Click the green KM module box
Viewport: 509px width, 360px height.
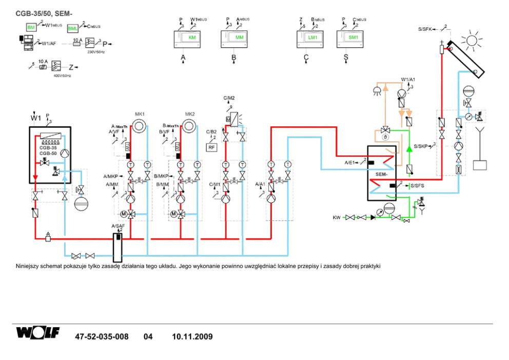point(192,38)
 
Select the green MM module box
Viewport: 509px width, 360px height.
point(239,38)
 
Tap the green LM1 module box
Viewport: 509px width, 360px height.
point(312,38)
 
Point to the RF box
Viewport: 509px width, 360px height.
point(211,147)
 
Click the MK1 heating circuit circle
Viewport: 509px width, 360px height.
point(140,125)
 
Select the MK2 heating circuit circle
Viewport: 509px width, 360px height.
point(190,125)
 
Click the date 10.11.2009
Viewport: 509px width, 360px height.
point(192,337)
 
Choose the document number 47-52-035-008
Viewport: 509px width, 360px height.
point(102,337)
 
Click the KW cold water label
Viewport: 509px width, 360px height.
point(337,218)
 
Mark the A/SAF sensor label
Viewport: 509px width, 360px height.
point(118,225)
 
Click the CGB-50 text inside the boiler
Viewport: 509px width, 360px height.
point(48,153)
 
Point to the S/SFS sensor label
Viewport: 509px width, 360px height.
point(417,185)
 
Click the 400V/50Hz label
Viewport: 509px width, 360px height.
point(62,75)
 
